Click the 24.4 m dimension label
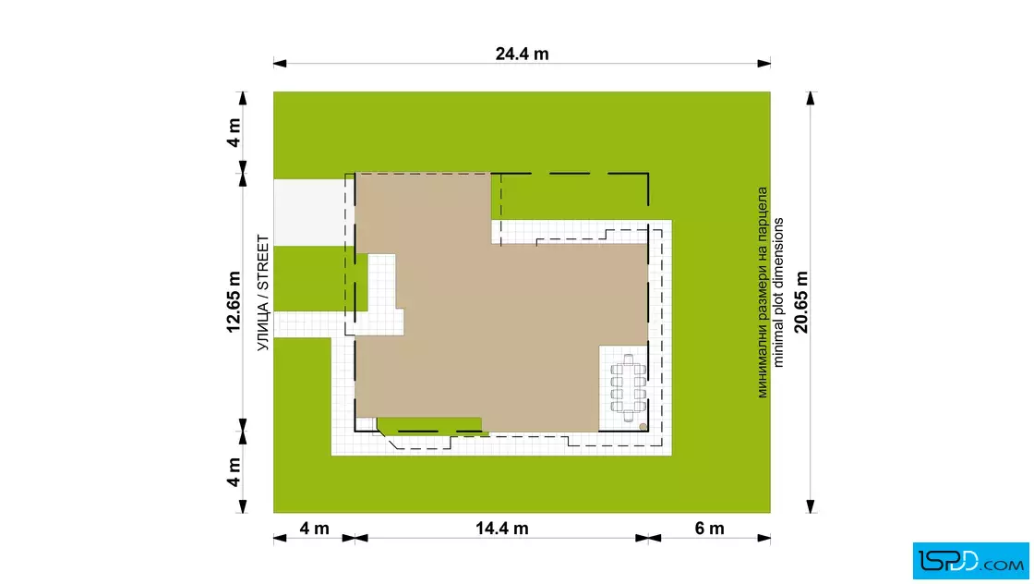tap(522, 54)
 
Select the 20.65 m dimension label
tap(801, 301)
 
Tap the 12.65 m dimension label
tap(234, 301)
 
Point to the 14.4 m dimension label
tap(502, 528)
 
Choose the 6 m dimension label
tap(710, 528)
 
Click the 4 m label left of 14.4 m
tap(314, 528)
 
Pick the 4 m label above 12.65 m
tap(234, 133)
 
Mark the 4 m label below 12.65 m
tap(234, 472)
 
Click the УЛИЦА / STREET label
tap(263, 293)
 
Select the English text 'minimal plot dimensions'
tap(778, 292)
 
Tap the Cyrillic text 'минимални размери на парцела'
tap(763, 292)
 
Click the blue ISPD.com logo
tap(970, 561)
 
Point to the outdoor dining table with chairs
tap(628, 389)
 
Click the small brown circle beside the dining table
tap(643, 427)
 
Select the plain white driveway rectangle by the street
tap(309, 212)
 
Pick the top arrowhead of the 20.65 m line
tap(811, 98)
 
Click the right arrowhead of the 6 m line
tap(763, 538)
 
